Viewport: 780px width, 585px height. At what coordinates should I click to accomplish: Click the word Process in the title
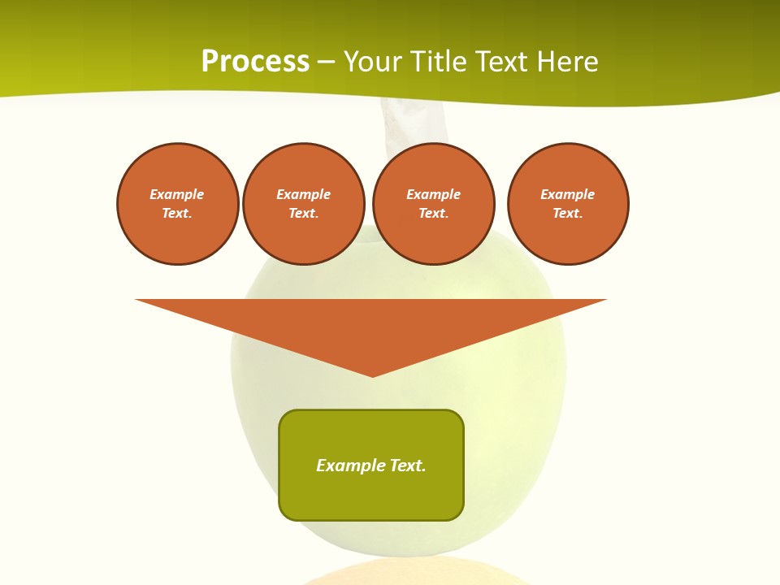coord(255,62)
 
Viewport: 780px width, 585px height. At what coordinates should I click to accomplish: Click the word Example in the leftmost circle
coord(177,194)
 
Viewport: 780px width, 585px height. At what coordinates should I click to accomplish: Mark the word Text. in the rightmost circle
coord(568,213)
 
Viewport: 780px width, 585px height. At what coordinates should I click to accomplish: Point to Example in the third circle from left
coord(433,194)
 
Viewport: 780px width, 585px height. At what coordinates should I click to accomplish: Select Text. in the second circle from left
coord(303,213)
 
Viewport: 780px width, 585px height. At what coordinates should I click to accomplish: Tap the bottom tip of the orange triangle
coord(372,375)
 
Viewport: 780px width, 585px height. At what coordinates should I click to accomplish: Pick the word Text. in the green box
coord(408,466)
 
